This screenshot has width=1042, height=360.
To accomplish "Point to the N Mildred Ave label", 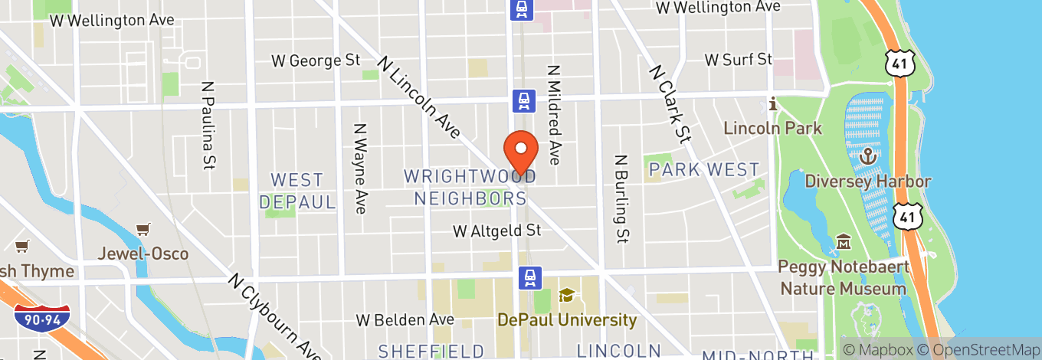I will pyautogui.click(x=554, y=113).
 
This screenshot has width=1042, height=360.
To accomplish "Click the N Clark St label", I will pyautogui.click(x=670, y=103).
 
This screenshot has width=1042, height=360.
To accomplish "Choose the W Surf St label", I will pyautogui.click(x=739, y=59).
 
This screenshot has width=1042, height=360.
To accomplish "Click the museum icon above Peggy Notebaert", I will pyautogui.click(x=844, y=242).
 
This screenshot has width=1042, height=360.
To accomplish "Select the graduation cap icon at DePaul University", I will pyautogui.click(x=567, y=295).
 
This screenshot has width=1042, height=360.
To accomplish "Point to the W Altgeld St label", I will pyautogui.click(x=496, y=231).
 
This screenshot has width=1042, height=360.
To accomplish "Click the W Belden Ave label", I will pyautogui.click(x=405, y=319).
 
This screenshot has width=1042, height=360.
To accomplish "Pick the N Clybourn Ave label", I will pyautogui.click(x=274, y=315).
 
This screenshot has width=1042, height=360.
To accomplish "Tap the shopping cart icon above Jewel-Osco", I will pyautogui.click(x=143, y=230).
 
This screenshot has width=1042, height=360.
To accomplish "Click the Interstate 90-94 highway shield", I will pyautogui.click(x=41, y=315).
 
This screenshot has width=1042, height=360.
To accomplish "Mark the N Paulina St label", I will pyautogui.click(x=207, y=125).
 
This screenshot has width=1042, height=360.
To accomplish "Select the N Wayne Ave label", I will pyautogui.click(x=360, y=168).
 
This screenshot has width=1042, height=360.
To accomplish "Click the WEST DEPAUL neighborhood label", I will pyautogui.click(x=297, y=191).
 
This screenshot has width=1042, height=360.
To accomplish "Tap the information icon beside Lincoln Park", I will pyautogui.click(x=774, y=103).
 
